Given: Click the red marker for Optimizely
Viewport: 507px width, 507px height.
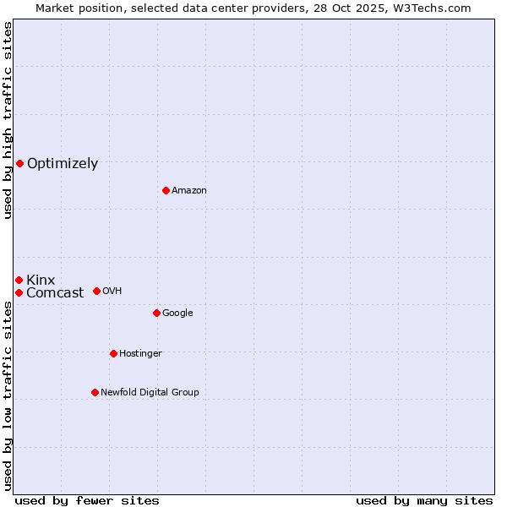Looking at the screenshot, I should coord(19,163).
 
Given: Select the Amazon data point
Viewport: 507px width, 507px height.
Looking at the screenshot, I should coord(166,190).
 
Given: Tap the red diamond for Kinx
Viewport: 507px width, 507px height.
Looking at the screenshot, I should coord(19,280).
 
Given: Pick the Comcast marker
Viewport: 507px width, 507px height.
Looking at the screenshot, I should coord(19,292).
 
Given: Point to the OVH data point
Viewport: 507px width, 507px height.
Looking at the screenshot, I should coord(96,291).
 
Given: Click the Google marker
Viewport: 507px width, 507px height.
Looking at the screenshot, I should coord(156,313).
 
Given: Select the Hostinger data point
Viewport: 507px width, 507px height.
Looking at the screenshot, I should coord(113,353).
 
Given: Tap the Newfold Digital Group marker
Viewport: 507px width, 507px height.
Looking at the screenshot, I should coord(95,392).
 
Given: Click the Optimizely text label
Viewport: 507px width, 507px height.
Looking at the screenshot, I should coord(63,164).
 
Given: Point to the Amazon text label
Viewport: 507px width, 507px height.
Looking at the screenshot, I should coord(189,191).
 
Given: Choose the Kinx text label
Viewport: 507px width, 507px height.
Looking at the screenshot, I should coord(41,281).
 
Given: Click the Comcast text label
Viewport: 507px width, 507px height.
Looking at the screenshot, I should coord(55,293).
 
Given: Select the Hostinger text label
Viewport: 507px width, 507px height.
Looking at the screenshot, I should coord(140,354).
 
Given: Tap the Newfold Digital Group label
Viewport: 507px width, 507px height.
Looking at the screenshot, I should coord(150,393).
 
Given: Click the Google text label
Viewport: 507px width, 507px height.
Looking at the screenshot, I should coord(177,313).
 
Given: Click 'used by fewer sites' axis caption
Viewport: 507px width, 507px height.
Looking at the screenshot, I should coord(87,500).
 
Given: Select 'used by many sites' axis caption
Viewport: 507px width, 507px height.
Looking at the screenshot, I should coord(424,500).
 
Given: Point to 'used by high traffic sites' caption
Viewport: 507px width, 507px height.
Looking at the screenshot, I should coord(8,120).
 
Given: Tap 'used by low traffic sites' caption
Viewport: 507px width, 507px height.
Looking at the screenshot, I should coord(8,396).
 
